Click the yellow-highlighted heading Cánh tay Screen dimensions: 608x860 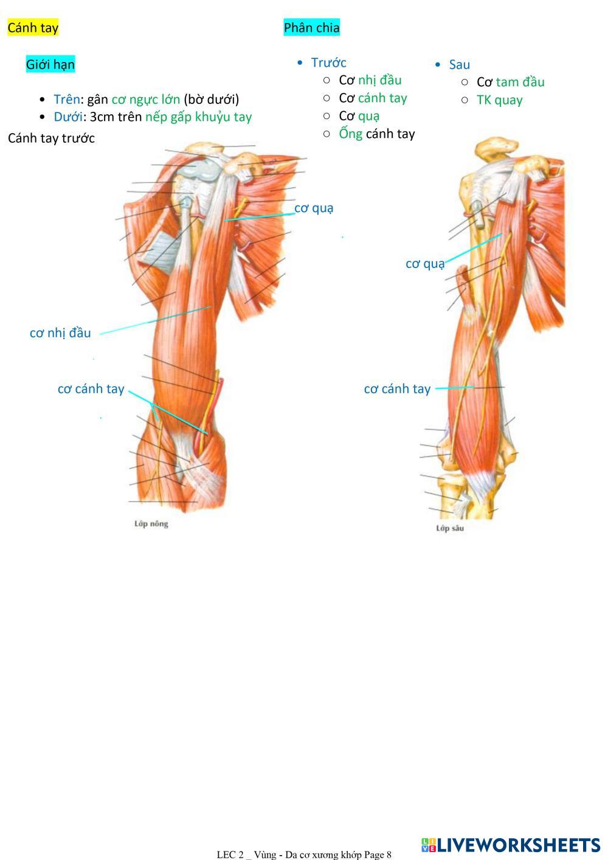(33, 28)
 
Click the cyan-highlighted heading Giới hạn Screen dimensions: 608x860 (50, 64)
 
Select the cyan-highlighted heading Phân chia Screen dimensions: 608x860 (311, 28)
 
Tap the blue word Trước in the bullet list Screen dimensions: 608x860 (328, 63)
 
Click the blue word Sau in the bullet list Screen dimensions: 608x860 (459, 65)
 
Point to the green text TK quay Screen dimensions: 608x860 (499, 100)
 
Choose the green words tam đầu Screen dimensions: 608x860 (520, 82)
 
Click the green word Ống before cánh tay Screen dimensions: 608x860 (350, 134)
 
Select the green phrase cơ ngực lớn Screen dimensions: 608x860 (145, 100)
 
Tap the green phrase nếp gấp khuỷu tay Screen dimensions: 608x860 (198, 117)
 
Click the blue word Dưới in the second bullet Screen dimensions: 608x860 (67, 117)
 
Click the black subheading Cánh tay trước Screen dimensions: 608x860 (51, 139)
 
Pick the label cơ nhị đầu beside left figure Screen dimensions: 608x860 (60, 333)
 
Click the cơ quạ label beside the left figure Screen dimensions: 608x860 (314, 208)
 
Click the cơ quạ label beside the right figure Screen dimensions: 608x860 (425, 264)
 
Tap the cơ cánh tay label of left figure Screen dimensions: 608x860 (91, 389)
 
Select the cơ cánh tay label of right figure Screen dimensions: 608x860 (397, 389)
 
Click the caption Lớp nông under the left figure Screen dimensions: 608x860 (151, 524)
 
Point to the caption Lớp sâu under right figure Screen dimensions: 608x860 (450, 528)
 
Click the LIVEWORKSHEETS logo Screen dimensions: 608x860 (510, 845)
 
